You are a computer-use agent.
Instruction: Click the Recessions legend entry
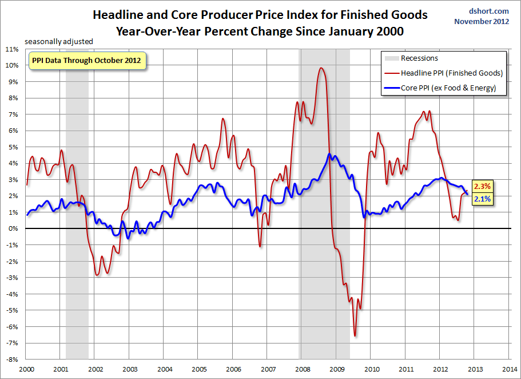419,58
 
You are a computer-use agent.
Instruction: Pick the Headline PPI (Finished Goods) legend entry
451,73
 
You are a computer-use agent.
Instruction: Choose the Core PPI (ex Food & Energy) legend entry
448,88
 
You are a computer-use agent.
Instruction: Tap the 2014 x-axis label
510,369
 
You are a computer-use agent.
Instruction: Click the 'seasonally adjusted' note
58,41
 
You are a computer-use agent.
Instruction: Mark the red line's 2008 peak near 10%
321,68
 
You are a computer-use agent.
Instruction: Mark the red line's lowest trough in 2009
355,335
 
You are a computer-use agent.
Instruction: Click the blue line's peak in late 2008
329,154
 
